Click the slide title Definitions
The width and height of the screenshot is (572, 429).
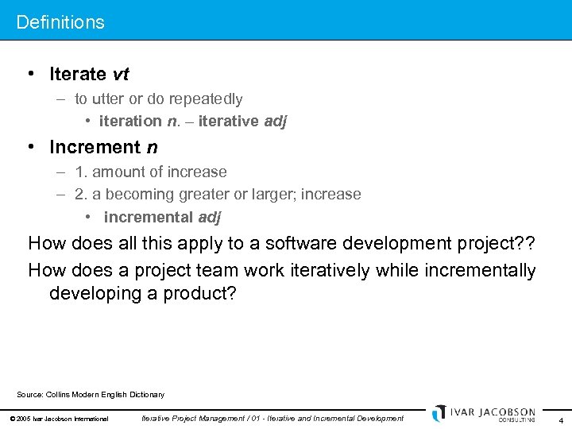pyautogui.click(x=60, y=22)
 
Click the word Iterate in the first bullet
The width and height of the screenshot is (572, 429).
pyautogui.click(x=77, y=74)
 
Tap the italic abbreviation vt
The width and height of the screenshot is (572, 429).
pyautogui.click(x=121, y=74)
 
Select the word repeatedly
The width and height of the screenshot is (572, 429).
pyautogui.click(x=205, y=99)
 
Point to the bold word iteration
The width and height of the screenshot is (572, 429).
pyautogui.click(x=130, y=121)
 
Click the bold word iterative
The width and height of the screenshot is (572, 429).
pyautogui.click(x=229, y=121)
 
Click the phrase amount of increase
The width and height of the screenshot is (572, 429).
pyautogui.click(x=160, y=172)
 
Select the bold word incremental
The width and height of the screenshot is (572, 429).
pyautogui.click(x=148, y=217)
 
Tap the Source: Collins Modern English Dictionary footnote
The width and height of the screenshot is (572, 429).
pyautogui.click(x=91, y=394)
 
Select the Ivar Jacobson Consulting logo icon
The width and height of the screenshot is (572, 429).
pyautogui.click(x=439, y=413)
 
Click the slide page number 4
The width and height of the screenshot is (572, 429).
pyautogui.click(x=561, y=419)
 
